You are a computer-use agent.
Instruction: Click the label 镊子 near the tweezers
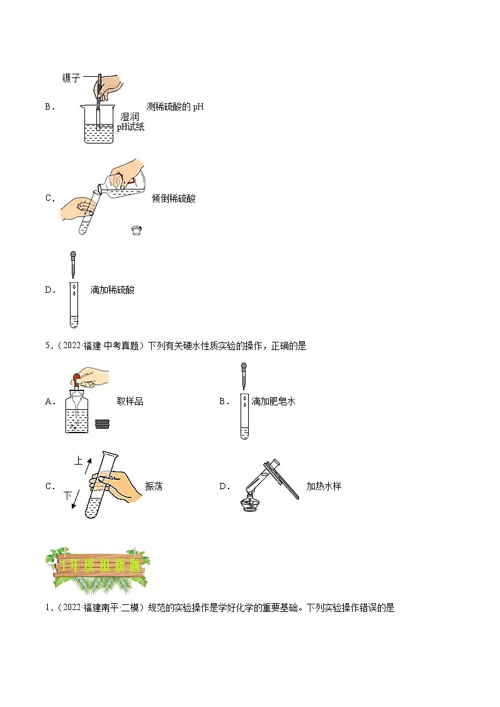[71, 78]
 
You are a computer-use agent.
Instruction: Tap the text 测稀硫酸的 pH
[174, 106]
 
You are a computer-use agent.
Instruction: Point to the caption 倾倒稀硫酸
[174, 198]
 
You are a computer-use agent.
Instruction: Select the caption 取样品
[130, 401]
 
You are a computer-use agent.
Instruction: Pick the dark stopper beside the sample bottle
[102, 424]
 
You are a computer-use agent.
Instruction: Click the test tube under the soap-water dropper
[243, 416]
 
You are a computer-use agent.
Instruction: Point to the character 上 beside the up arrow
[78, 461]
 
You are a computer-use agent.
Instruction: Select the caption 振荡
[154, 486]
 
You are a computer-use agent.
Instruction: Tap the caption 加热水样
[323, 486]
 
